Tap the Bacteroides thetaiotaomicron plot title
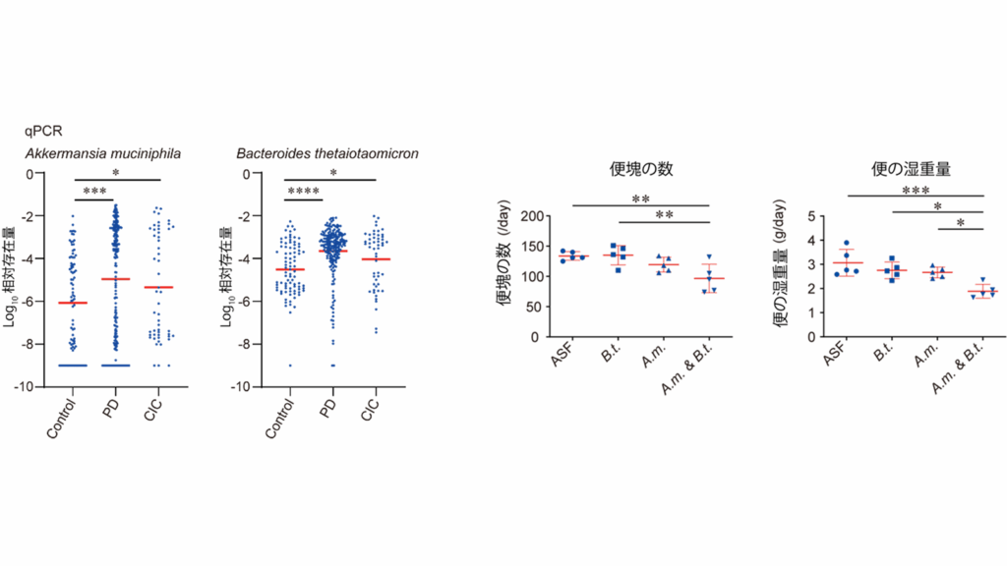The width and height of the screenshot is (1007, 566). click(327, 154)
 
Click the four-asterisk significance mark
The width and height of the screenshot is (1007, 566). click(303, 191)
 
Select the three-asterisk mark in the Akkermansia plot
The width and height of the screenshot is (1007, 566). click(94, 191)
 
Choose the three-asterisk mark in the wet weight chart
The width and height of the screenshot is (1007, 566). click(916, 191)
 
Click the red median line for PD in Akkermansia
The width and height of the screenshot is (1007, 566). click(116, 279)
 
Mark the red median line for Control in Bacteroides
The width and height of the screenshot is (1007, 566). click(289, 269)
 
